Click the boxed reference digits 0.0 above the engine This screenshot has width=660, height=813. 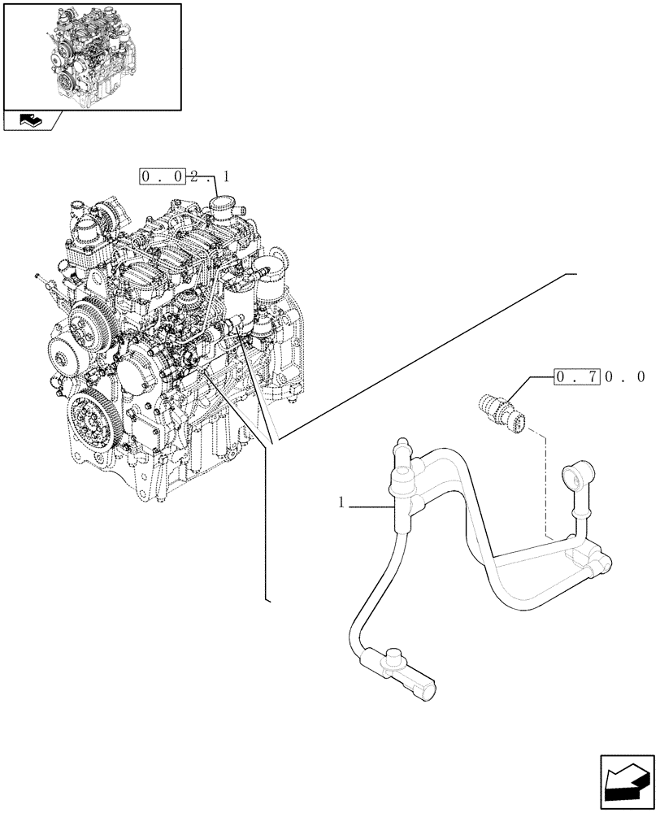pyautogui.click(x=162, y=176)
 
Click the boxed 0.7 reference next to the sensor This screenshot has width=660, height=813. pyautogui.click(x=576, y=377)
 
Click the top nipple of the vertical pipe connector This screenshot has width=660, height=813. pyautogui.click(x=400, y=446)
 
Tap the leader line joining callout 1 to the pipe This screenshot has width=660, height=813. pyautogui.click(x=372, y=507)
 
